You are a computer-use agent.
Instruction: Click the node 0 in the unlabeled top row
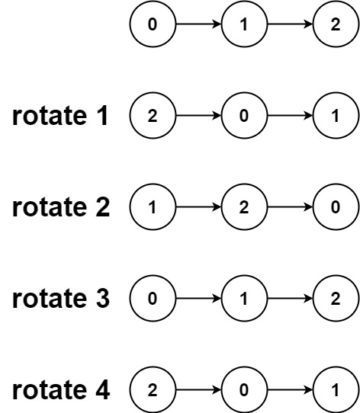point(152,25)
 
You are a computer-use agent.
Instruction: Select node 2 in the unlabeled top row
point(336,25)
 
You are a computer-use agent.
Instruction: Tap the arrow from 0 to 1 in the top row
point(198,25)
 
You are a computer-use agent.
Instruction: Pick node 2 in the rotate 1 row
point(152,117)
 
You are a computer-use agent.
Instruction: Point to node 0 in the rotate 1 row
point(244,117)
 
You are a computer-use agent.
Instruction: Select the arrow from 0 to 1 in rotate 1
point(290,117)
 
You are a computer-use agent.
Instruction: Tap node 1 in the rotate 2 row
point(152,209)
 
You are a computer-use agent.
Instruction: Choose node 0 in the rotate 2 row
point(336,209)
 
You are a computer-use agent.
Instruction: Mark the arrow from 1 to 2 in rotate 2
point(198,209)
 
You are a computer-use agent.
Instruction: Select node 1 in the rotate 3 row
point(244,299)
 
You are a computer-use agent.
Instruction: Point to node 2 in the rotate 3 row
point(336,299)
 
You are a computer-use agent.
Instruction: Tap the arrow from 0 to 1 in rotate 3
point(198,299)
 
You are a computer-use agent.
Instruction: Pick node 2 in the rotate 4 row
point(152,391)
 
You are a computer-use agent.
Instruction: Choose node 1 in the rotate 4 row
point(336,391)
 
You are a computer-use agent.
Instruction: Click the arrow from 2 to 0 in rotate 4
point(198,391)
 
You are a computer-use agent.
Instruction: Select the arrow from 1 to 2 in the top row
point(290,25)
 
